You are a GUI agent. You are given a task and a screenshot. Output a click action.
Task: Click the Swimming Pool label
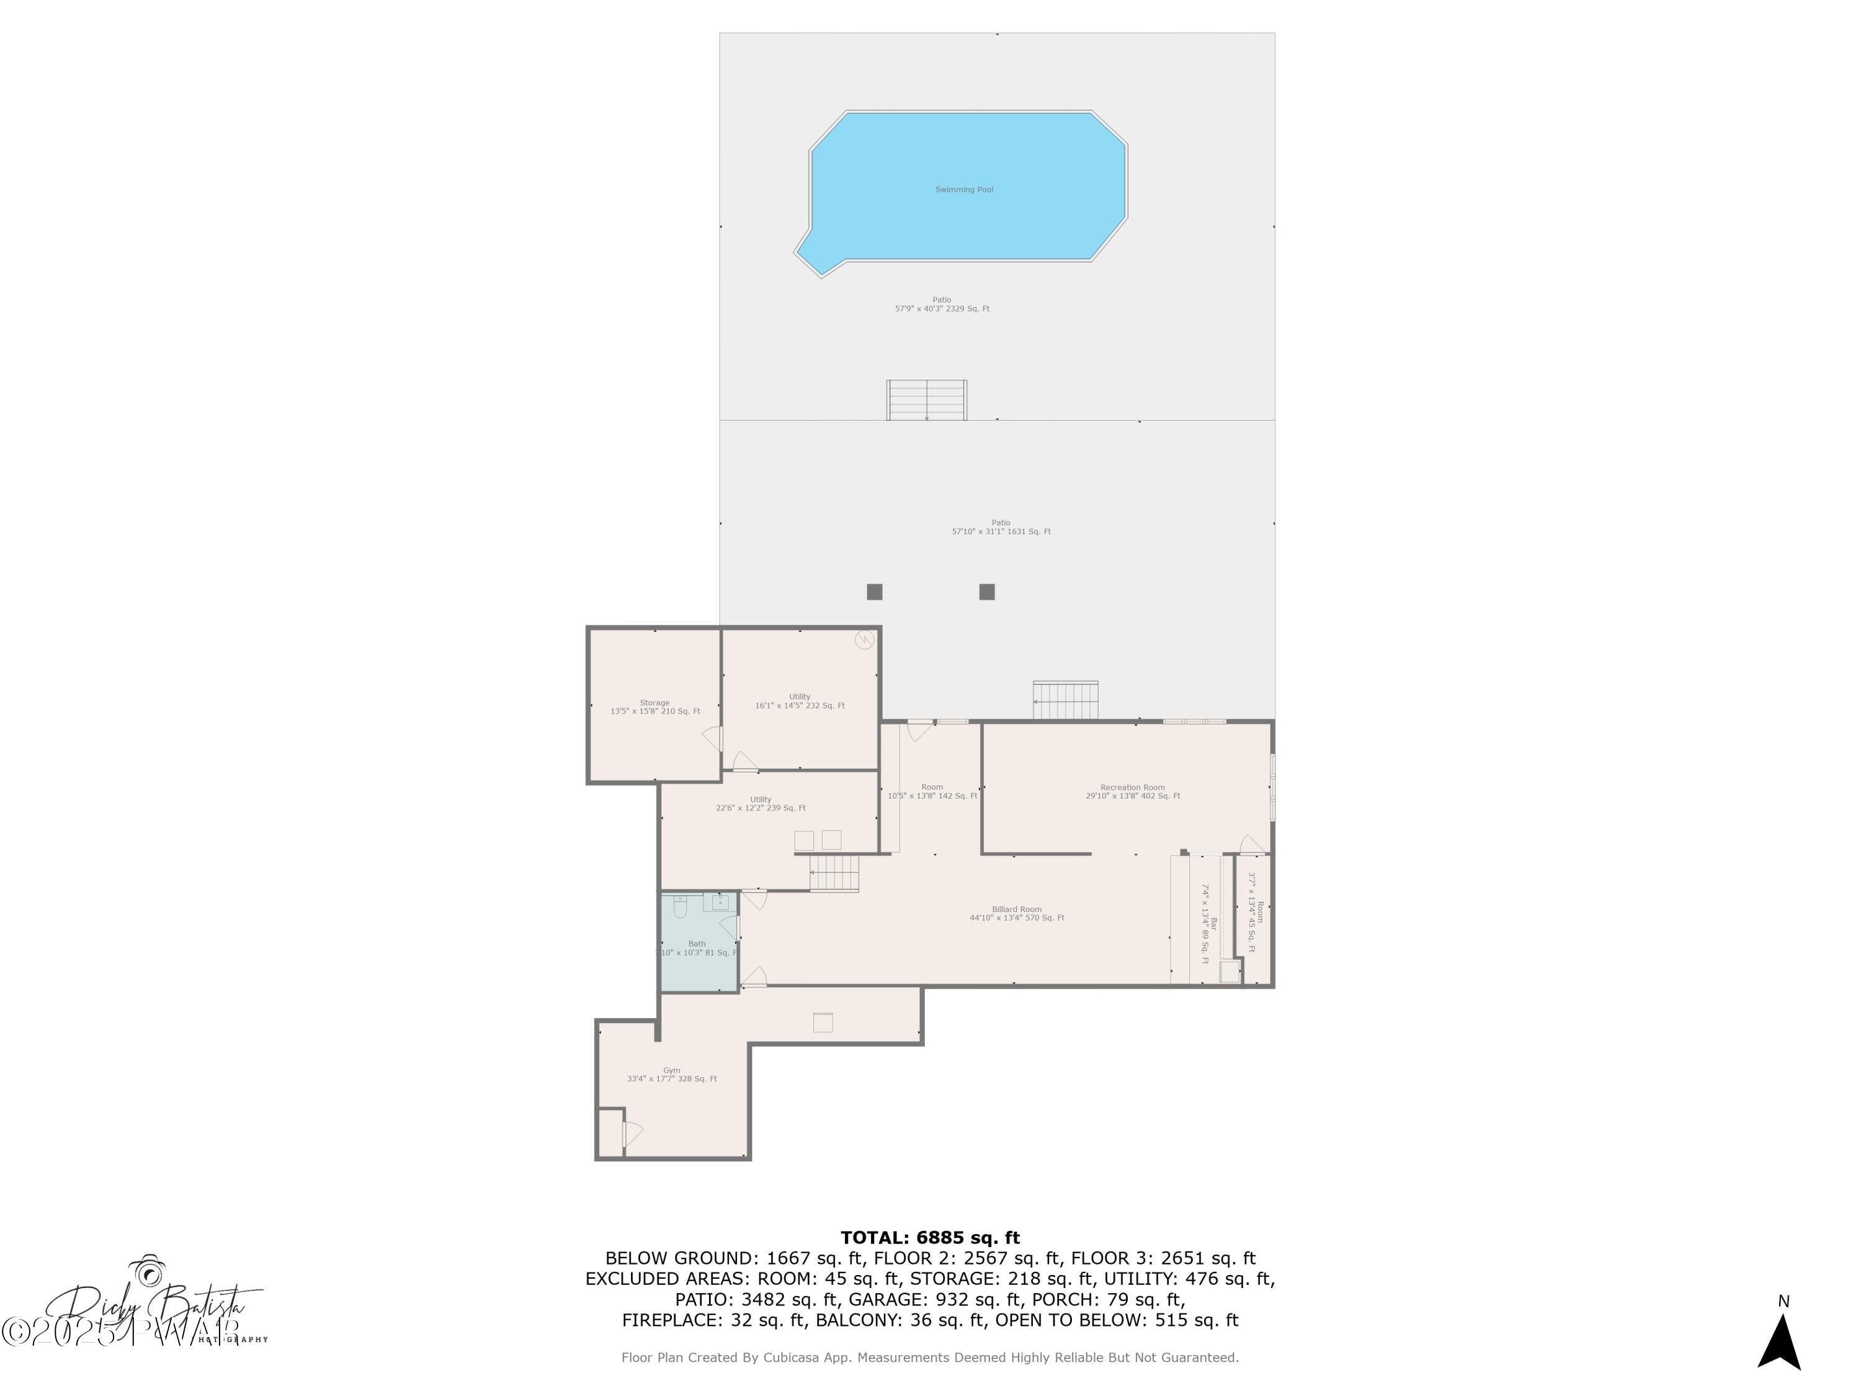[964, 189]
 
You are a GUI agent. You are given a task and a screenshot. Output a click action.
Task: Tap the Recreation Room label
[1132, 787]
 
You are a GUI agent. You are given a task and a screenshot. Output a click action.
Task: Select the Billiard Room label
[1016, 909]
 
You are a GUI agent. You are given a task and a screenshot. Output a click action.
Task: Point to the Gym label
[671, 1070]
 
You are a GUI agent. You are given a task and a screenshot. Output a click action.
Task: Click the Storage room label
[654, 702]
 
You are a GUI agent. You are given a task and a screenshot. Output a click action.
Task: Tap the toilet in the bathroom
[681, 906]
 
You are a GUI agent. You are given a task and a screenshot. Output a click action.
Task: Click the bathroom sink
[720, 903]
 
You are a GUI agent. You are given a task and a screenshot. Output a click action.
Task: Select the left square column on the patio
[874, 591]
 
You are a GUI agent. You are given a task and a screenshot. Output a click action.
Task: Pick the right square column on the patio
[987, 591]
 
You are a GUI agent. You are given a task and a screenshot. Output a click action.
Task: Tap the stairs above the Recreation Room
[1065, 700]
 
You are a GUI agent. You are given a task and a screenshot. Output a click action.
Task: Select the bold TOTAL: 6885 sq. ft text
[930, 1238]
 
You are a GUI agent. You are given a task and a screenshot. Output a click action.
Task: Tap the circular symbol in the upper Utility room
[864, 640]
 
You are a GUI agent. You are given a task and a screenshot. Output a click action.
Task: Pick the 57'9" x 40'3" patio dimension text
[942, 309]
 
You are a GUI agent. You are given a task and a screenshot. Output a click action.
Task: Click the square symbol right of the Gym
[823, 1022]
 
